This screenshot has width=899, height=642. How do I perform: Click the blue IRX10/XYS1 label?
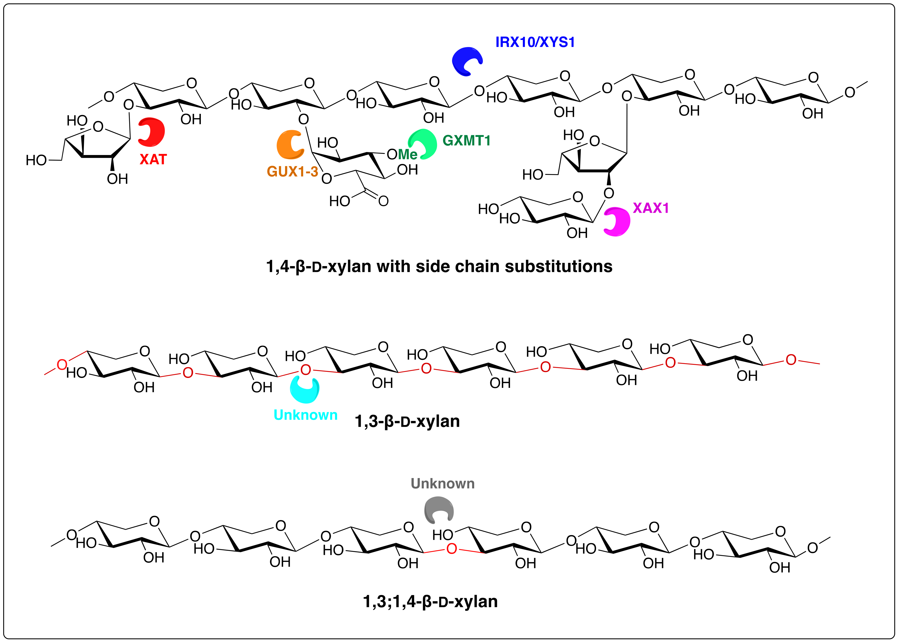[x=535, y=42]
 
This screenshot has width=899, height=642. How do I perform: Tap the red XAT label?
[x=153, y=159]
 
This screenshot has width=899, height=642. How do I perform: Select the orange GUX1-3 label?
[x=292, y=172]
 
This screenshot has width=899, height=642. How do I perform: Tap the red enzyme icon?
[x=152, y=132]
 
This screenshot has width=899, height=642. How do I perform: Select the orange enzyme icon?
[x=290, y=144]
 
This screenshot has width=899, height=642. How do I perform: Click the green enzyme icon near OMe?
[x=423, y=144]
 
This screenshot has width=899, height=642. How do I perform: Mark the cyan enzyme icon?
[x=305, y=389]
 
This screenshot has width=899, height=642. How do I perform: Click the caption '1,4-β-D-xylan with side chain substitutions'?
[x=439, y=266]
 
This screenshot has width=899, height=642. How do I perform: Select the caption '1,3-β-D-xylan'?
[x=407, y=421]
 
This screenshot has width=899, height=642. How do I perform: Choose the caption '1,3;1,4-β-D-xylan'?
[x=430, y=601]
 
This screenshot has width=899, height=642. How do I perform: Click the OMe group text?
[x=402, y=154]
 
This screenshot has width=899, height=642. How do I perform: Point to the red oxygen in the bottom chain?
[x=452, y=549]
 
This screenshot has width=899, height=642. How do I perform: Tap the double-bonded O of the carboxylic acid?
[x=383, y=201]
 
